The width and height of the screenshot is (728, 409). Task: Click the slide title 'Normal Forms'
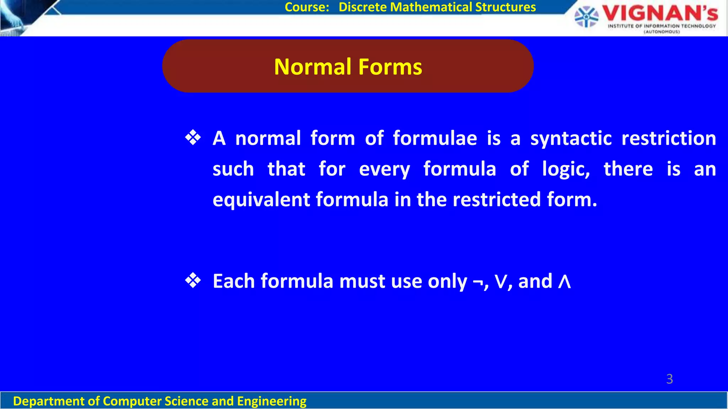348,67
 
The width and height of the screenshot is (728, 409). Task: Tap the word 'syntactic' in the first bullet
571,138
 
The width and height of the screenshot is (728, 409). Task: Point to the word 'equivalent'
261,200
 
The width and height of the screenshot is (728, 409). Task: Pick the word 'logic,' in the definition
566,169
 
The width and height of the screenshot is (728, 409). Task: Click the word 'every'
384,169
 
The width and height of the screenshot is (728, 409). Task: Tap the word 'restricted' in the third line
497,199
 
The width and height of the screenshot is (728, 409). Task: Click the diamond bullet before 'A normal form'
193,138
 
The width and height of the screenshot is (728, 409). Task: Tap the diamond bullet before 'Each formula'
193,281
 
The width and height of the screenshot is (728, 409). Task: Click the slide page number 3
669,379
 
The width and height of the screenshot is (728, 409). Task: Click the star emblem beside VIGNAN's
586,17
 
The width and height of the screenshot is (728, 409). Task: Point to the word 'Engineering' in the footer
272,401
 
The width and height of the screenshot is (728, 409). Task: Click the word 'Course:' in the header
307,7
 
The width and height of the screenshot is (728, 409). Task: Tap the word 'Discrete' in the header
363,7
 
